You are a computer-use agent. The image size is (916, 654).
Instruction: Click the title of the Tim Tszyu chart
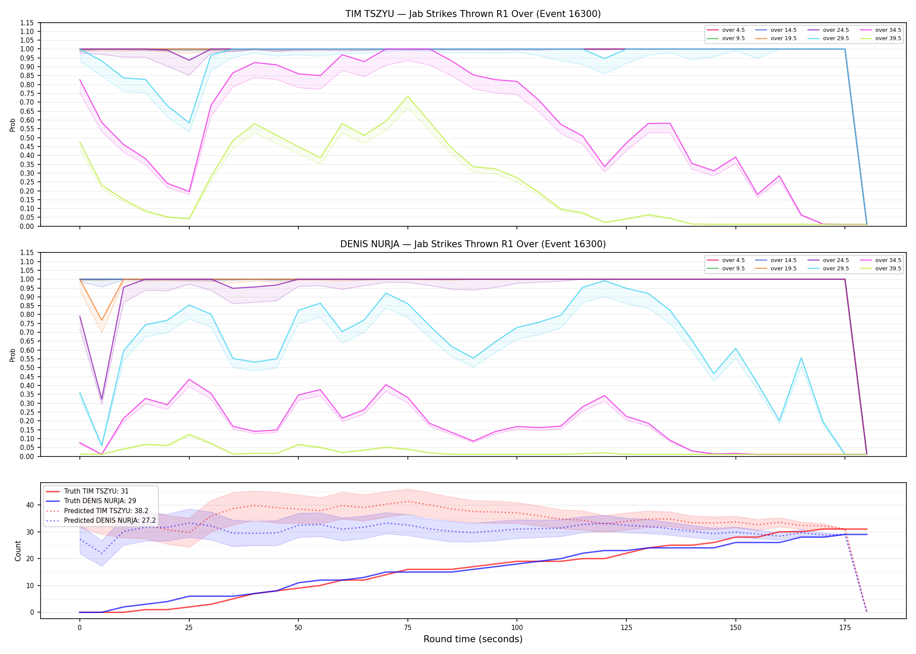pos(473,14)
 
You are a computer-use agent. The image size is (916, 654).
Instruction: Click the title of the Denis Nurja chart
pos(473,244)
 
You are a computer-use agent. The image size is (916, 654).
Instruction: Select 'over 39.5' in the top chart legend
pos(888,38)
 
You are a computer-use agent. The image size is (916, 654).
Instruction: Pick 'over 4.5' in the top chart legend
pos(733,30)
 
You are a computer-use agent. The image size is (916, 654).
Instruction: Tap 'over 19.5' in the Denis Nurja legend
pos(783,269)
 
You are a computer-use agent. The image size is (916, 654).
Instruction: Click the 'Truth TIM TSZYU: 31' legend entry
pos(96,491)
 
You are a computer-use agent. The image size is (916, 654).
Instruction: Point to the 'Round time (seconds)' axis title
pos(473,639)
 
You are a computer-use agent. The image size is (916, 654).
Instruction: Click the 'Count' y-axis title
pos(18,551)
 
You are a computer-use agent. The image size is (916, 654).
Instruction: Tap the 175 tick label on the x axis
pos(845,628)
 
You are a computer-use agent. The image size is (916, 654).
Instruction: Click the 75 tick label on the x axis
pos(407,628)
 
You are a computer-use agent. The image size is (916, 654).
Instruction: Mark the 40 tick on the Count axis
pos(30,505)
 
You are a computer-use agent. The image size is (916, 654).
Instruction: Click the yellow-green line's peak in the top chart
pos(407,96)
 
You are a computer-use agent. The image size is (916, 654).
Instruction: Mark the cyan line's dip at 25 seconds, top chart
pos(189,123)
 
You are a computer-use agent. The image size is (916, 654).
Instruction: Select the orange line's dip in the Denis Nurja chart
pos(102,320)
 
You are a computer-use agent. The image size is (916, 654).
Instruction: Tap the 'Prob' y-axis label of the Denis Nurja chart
pos(13,355)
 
